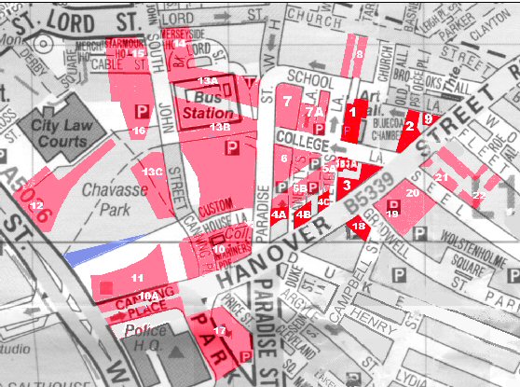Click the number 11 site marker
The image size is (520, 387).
click(137, 278)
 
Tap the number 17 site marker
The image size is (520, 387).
click(219, 331)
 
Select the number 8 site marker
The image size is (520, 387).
click(358, 54)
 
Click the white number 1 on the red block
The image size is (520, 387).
click(352, 111)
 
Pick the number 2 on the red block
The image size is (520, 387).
click(409, 125)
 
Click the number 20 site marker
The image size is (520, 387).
click(412, 193)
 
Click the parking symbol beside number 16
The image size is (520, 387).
click(142, 111)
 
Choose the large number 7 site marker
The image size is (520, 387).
click(288, 100)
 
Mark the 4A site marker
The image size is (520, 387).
click(279, 214)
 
